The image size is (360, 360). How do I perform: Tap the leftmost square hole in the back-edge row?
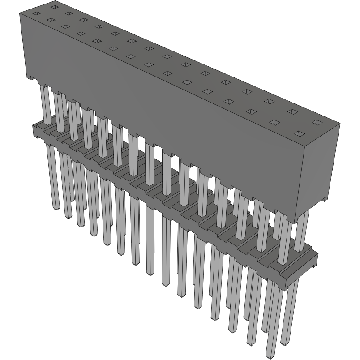54,7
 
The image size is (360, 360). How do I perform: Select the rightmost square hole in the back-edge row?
317,122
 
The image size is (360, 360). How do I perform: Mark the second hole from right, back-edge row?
292,111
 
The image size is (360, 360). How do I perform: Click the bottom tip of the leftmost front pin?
56,208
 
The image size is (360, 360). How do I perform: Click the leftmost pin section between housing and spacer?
44,103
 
